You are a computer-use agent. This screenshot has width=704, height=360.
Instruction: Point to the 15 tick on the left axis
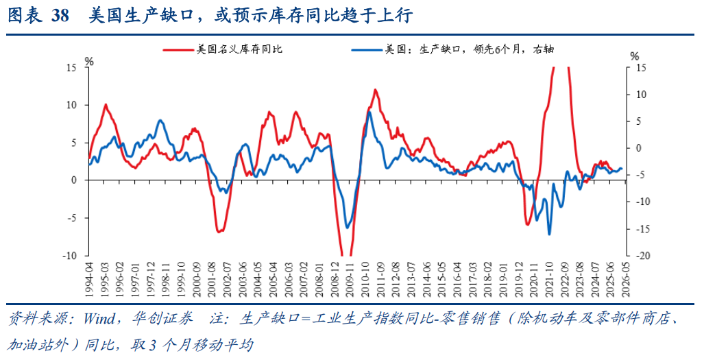click(x=71, y=67)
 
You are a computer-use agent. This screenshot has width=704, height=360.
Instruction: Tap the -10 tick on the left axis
click(x=70, y=256)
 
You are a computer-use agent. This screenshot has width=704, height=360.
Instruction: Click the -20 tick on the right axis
click(x=641, y=256)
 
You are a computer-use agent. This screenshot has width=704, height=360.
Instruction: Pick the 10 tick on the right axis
click(x=641, y=94)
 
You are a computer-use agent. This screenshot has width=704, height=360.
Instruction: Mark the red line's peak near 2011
click(x=375, y=89)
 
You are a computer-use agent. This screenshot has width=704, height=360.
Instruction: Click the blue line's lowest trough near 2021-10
click(x=549, y=235)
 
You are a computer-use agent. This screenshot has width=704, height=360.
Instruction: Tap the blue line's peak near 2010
click(x=369, y=112)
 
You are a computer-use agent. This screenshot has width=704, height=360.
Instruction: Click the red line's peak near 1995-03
click(x=106, y=104)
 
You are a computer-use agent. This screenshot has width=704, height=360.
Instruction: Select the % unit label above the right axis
click(x=634, y=56)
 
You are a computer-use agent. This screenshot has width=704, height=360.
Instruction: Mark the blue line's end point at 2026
click(x=621, y=169)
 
